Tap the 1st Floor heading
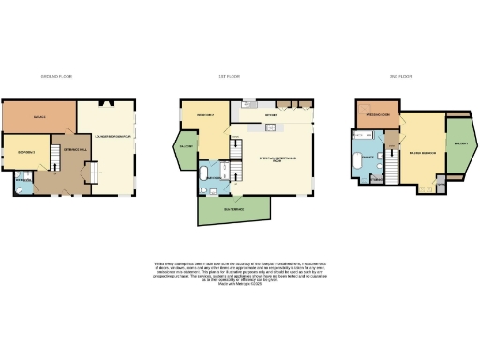[229, 76]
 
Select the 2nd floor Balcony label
[461, 144]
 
